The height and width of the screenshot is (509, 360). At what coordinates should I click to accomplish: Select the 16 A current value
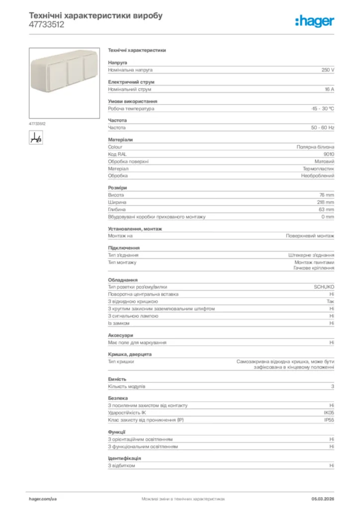(329, 89)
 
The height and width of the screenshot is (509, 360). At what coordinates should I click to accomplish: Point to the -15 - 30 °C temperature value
(323, 108)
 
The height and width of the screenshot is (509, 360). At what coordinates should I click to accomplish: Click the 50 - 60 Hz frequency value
(323, 128)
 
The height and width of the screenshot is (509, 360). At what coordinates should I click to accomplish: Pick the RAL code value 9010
(329, 154)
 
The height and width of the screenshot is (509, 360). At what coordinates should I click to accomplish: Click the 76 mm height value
(327, 195)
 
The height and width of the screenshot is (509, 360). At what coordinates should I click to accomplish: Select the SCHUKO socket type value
(324, 287)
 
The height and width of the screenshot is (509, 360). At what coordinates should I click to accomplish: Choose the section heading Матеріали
(120, 140)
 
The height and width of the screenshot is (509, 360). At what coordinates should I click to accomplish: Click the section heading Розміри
(117, 188)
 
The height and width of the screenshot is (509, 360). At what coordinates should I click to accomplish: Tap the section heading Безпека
(118, 398)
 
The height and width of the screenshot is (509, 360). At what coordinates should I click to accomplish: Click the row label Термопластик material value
(319, 169)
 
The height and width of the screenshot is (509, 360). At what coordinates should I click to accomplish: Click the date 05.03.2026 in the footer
(323, 499)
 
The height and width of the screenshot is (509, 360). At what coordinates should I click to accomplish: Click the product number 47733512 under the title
(47, 24)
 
